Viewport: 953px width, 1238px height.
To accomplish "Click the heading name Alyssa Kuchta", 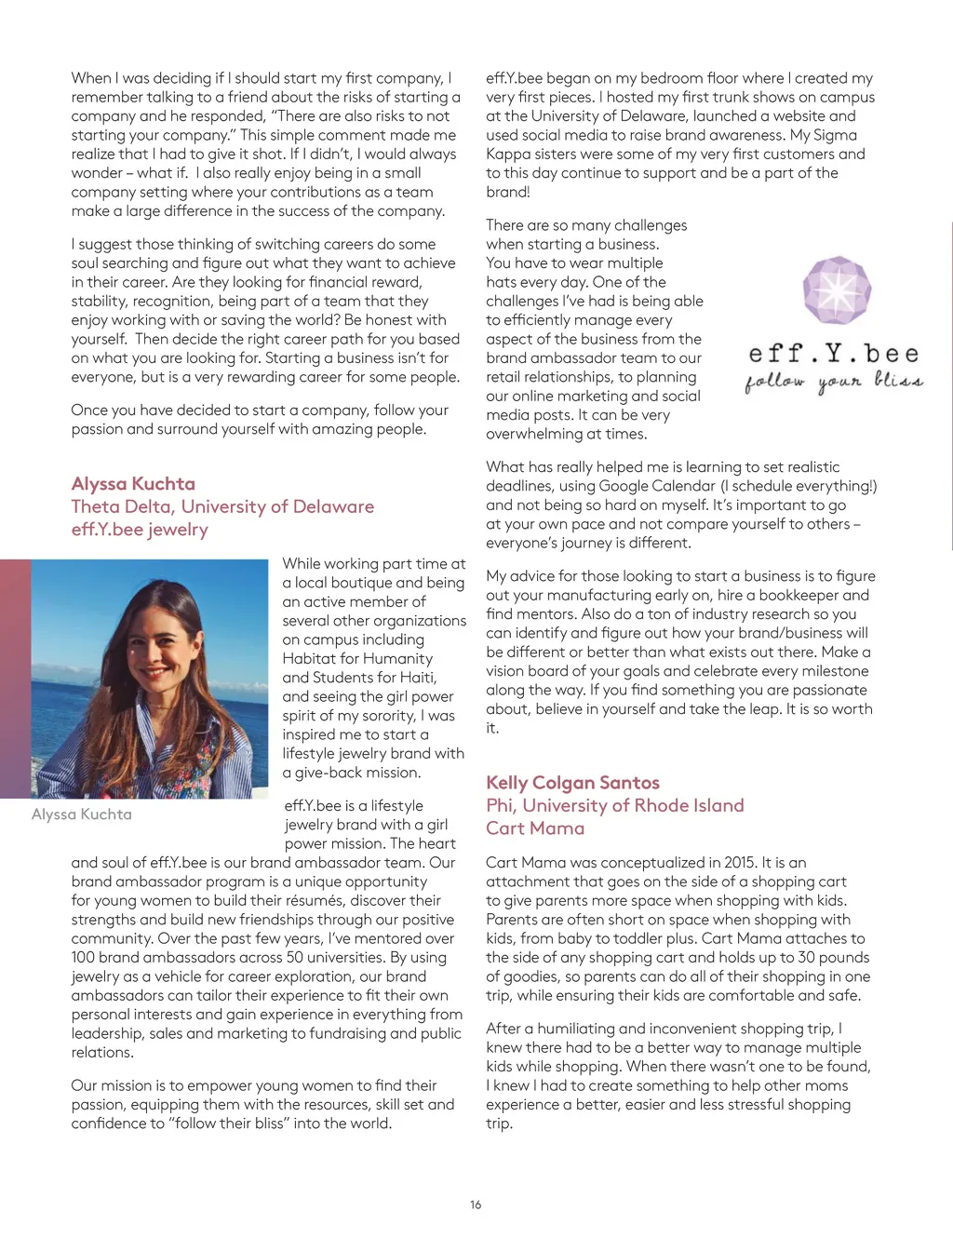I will click(133, 484).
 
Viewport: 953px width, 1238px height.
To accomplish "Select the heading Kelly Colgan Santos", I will click(572, 783).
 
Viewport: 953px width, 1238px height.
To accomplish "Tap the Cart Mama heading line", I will click(535, 828).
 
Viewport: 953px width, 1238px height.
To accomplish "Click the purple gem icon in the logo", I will click(837, 289).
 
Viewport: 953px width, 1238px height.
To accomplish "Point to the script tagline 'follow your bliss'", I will click(834, 382).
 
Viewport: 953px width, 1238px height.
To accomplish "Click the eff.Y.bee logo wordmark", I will click(834, 354).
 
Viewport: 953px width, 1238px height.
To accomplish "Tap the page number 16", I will click(476, 1204).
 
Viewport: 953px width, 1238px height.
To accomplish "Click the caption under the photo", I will click(82, 814).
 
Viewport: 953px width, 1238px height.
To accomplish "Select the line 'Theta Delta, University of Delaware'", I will click(222, 506).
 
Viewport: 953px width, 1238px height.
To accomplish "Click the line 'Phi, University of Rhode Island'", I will click(614, 805).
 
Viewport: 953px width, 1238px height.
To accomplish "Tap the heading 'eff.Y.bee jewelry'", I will click(140, 530).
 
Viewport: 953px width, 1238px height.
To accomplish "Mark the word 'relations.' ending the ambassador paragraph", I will click(102, 1053).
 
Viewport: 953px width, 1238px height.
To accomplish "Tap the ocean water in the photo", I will click(56, 707).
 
